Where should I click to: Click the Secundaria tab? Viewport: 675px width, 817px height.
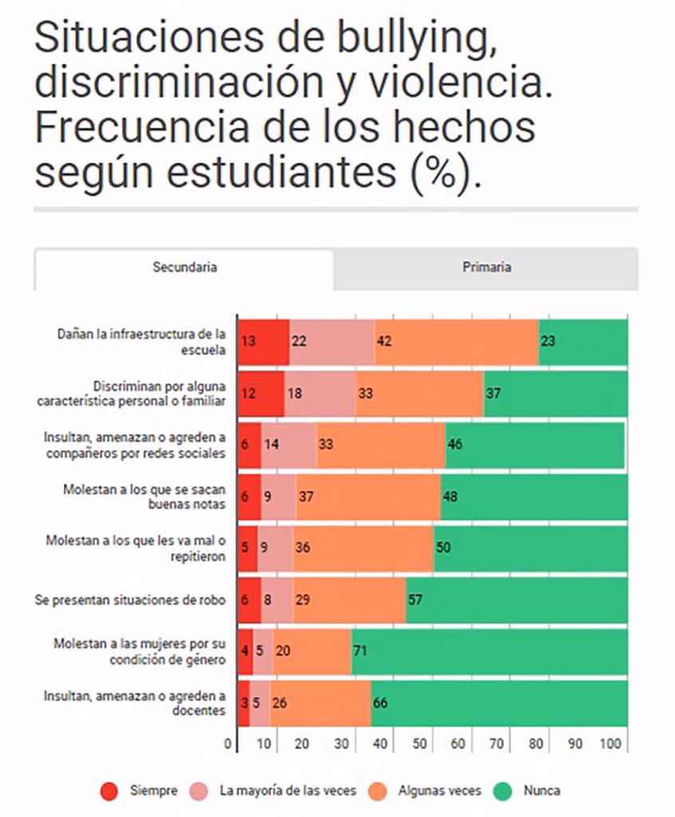184,267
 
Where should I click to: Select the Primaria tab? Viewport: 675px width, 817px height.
486,267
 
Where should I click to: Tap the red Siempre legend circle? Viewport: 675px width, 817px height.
110,791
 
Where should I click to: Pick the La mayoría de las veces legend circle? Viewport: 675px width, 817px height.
199,791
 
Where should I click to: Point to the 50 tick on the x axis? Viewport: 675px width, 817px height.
419,744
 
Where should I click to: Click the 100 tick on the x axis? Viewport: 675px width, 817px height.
610,744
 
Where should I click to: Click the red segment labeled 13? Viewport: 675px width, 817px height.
263,341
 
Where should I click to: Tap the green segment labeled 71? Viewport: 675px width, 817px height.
488,650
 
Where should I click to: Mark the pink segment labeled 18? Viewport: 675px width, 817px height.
320,393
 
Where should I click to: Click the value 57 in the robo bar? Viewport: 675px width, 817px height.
415,599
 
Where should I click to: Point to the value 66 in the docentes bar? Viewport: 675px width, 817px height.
381,702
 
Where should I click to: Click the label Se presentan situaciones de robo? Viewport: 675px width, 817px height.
130,599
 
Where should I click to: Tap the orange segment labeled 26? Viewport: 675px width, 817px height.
320,702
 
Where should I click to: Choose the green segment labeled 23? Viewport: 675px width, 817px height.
583,341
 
